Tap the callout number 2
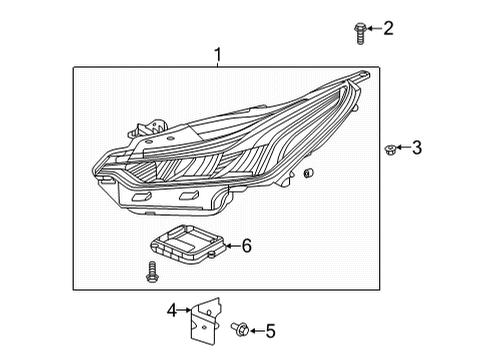click(388, 28)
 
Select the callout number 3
click(417, 149)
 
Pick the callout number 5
click(270, 330)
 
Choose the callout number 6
click(247, 246)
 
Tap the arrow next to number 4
click(188, 311)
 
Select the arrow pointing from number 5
click(255, 329)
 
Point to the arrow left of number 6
click(230, 245)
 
